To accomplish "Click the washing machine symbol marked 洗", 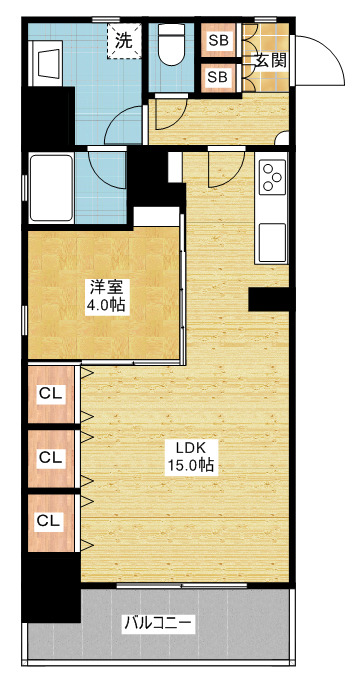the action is (124, 40).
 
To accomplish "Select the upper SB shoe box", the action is (218, 40).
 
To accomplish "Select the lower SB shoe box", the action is (218, 77).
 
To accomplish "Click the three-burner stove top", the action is (273, 176).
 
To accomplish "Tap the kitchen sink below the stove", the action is (273, 243).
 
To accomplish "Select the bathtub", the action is (51, 188).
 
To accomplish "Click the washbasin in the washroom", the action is (47, 64).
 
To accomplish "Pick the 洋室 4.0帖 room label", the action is (107, 296).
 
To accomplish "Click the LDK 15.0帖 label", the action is (190, 457).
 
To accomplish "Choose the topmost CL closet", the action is (51, 394).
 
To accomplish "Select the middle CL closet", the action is (51, 458).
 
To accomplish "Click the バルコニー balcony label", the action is (158, 624).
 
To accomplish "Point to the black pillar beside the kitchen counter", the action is (269, 299).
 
